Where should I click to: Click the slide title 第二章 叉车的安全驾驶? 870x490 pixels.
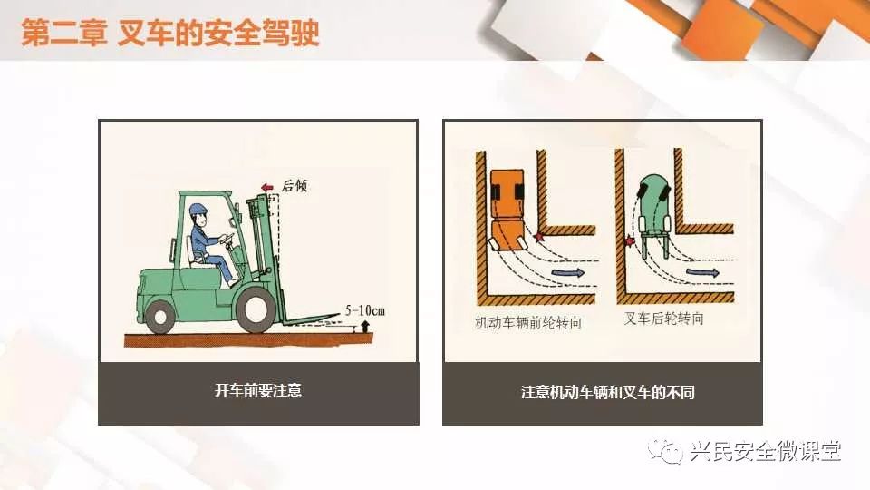point(170,33)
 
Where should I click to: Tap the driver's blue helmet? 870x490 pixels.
point(198,210)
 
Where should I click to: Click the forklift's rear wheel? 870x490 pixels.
point(161,317)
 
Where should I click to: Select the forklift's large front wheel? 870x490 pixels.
point(256,309)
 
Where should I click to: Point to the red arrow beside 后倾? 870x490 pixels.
point(266,187)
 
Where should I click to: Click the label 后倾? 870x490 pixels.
point(294,185)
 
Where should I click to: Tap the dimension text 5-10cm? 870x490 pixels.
point(364,310)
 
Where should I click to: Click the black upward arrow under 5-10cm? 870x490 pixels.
point(364,326)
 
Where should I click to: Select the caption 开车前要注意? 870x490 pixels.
point(258,390)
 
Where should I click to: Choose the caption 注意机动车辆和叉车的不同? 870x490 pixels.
point(607,392)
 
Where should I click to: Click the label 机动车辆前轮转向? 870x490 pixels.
point(528,322)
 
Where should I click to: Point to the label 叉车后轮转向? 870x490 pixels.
point(663,318)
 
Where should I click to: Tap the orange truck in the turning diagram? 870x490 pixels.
point(507,210)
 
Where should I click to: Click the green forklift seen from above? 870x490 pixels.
point(654,216)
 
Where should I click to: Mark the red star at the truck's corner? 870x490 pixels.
point(537,237)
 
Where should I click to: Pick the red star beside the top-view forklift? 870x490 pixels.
point(630,241)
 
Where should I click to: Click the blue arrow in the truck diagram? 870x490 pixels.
point(568,273)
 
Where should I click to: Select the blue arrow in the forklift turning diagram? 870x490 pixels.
point(703,272)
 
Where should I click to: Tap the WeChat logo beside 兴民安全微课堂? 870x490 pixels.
point(665,451)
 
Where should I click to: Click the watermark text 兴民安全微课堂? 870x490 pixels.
point(766,451)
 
